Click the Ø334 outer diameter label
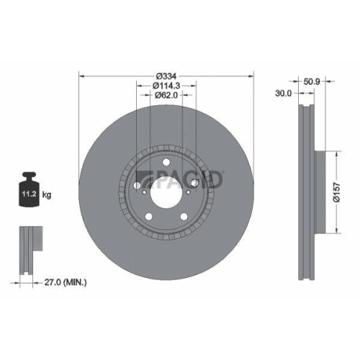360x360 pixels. (166, 77)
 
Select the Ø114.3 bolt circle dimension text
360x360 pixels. (166, 86)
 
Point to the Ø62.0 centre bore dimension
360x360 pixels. (166, 96)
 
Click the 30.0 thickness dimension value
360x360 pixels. (284, 93)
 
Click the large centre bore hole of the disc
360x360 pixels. (166, 192)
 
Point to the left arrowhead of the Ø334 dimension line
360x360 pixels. (81, 77)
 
